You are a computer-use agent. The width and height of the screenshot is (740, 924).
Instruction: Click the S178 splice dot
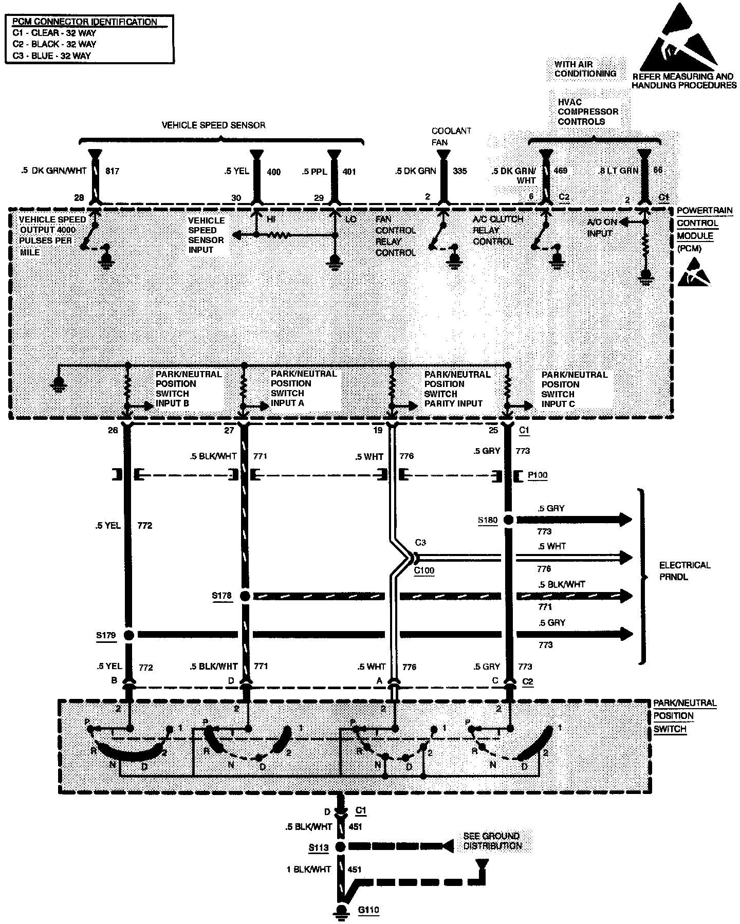[245, 596]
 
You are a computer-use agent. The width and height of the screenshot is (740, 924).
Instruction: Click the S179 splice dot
[129, 635]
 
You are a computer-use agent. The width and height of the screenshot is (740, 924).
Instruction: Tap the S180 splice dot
[508, 520]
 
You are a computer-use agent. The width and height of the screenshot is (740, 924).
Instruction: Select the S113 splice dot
[340, 847]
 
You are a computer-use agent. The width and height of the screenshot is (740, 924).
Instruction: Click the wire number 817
[112, 171]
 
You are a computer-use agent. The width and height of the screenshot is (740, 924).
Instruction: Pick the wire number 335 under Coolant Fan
[459, 171]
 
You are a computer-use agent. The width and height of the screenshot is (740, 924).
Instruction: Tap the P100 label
[538, 475]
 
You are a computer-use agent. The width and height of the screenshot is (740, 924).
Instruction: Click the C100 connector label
[424, 570]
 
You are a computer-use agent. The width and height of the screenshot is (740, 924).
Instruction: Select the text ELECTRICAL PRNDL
[684, 571]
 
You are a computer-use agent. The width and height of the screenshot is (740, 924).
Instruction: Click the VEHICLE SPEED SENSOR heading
[213, 125]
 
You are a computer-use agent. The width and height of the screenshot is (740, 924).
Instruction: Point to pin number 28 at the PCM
[78, 198]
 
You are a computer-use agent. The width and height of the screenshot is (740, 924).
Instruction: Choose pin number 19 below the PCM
[378, 431]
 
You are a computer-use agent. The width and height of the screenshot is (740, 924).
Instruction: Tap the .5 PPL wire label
[314, 171]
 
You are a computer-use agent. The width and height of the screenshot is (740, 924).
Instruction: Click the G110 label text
[368, 911]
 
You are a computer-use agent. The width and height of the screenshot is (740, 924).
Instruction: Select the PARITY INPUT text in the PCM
[453, 403]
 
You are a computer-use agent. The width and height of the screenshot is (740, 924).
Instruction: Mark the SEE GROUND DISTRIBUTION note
[492, 841]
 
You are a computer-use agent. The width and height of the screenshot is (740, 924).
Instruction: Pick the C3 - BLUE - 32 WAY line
[51, 56]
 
